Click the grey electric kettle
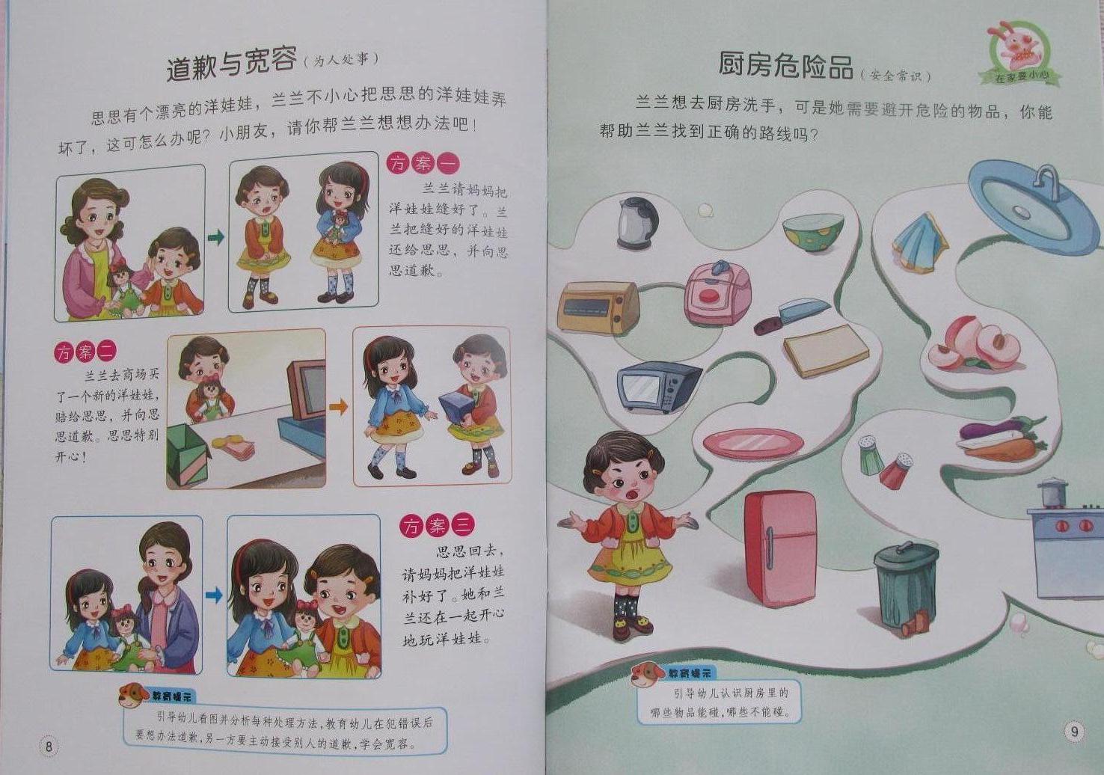coord(637,222)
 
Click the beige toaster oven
coord(598,308)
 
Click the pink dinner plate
coord(753,443)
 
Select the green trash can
coord(906,583)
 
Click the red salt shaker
coord(895,471)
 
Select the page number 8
coord(49,746)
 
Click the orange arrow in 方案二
coord(339,408)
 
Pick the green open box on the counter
coord(188,455)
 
